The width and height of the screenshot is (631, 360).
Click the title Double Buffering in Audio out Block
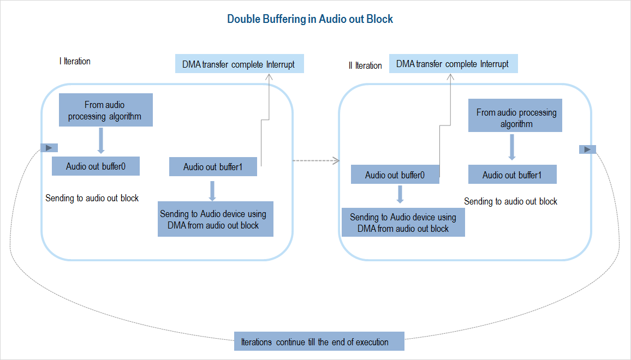(310, 19)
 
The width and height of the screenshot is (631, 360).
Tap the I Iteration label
(75, 61)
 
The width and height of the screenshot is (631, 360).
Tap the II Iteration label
(365, 65)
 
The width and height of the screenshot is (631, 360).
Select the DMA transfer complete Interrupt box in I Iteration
(239, 64)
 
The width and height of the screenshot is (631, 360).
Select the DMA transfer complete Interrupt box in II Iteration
(453, 64)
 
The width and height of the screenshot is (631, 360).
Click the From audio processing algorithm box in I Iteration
(105, 110)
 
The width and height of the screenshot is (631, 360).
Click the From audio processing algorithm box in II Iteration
(515, 118)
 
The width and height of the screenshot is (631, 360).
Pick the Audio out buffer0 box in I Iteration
(96, 166)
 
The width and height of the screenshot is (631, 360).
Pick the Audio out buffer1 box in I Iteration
(213, 167)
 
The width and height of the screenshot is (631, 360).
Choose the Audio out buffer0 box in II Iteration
(395, 175)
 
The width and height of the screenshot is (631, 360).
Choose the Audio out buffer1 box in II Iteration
(512, 175)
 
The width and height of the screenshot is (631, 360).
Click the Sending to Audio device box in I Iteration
(216, 219)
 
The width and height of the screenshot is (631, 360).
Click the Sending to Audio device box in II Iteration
(403, 223)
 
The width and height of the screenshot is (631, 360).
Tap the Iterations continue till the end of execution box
(319, 342)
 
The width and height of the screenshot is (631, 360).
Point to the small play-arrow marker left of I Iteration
(49, 148)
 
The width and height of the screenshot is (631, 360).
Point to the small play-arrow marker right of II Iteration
(587, 149)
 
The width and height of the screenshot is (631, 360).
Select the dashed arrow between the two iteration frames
(316, 160)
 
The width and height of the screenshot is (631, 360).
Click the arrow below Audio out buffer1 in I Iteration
(212, 190)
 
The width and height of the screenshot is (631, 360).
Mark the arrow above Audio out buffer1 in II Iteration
(512, 147)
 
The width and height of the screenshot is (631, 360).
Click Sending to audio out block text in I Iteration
(92, 198)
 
